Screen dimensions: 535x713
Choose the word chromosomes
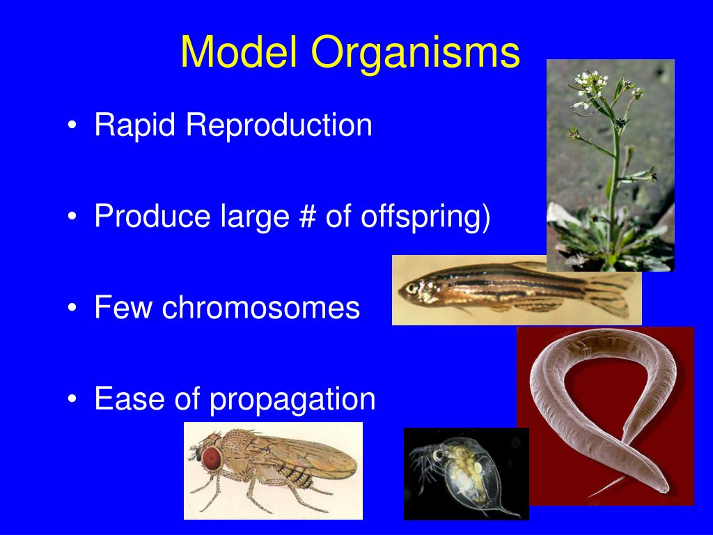click(261, 308)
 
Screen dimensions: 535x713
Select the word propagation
click(293, 400)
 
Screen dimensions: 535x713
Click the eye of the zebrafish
click(412, 287)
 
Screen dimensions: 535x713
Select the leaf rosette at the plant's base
click(606, 244)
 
